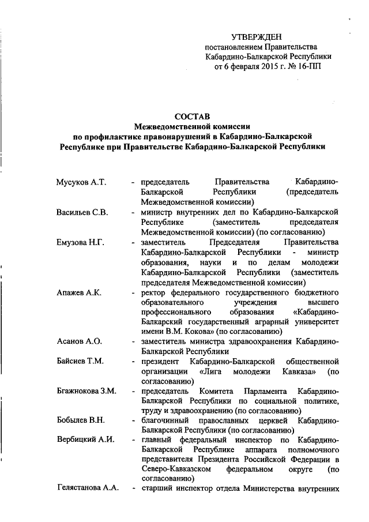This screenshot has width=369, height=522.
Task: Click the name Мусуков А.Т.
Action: coord(81,182)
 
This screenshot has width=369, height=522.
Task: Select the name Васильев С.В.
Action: coord(82,212)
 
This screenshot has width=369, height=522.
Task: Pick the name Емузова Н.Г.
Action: coord(81,242)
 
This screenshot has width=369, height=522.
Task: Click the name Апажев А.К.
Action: coord(79,292)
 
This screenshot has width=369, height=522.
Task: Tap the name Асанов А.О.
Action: coord(78,342)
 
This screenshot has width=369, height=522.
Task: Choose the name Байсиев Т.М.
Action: coord(80,362)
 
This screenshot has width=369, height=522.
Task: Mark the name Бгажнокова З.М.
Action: coord(86,392)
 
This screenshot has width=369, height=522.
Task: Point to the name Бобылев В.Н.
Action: coord(81,422)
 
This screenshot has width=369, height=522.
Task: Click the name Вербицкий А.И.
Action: coord(85,441)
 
